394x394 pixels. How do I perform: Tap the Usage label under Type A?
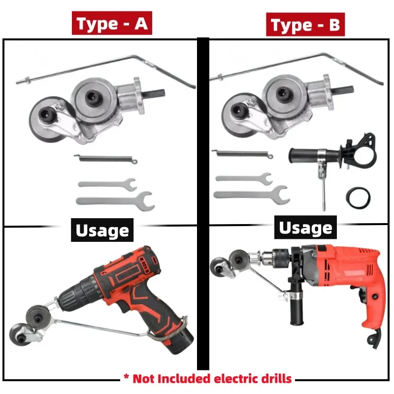point(102,230)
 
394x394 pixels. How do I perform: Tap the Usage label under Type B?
point(305,228)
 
